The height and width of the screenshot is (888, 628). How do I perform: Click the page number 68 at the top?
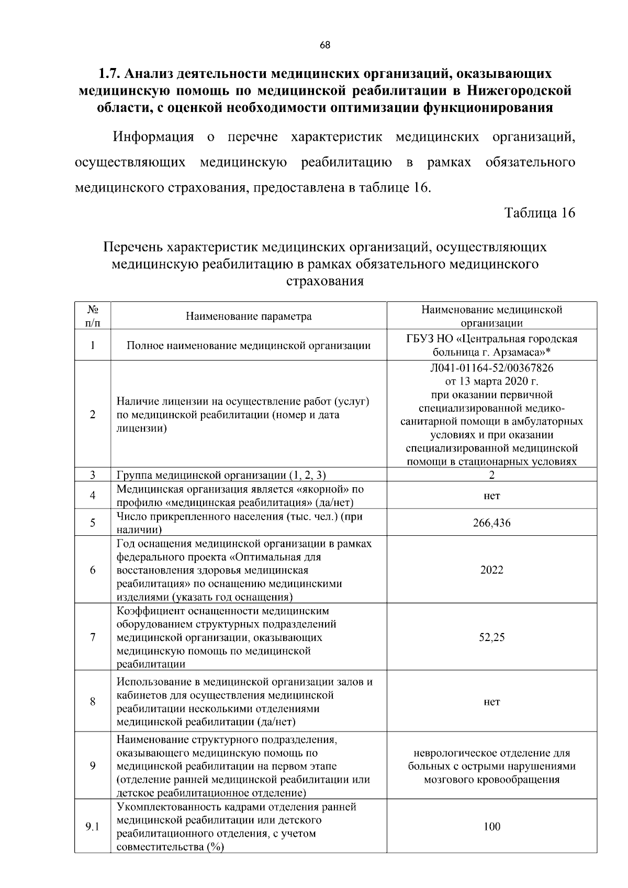point(325,45)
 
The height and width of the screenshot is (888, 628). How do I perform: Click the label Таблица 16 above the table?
point(540,213)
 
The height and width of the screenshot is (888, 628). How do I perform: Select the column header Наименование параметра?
point(249,317)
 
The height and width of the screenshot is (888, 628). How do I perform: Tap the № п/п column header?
point(92,316)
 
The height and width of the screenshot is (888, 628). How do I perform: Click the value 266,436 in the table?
point(491,523)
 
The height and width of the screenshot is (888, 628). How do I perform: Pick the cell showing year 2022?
point(491,570)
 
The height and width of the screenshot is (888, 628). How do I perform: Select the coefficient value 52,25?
point(491,637)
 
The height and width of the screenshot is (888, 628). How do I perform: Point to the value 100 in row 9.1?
point(491,827)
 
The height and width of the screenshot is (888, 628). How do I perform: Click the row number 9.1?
point(92,827)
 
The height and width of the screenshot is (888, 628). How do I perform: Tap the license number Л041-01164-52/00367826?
point(491,368)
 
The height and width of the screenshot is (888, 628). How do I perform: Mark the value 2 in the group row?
point(491,475)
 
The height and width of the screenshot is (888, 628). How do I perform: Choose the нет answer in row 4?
point(491,496)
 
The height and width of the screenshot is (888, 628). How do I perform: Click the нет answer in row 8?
point(491,702)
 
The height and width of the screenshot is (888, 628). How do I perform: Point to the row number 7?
point(92,637)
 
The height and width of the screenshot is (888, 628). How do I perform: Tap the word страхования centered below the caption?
point(325,282)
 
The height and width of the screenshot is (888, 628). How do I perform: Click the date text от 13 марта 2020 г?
point(491,381)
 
